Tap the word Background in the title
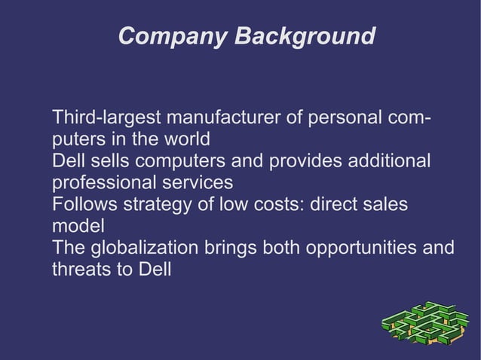tap(303, 36)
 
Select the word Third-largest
tap(106, 119)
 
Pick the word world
tap(183, 140)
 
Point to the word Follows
tap(83, 205)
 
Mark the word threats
tap(81, 269)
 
